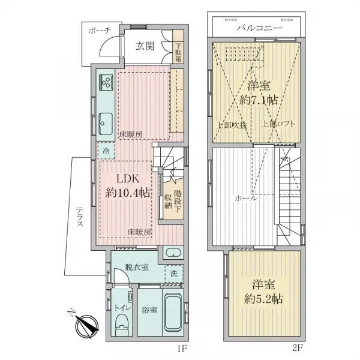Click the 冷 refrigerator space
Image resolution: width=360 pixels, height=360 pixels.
tap(106, 151)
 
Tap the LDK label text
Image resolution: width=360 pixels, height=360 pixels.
tap(128, 179)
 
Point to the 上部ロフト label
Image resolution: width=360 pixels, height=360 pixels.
tap(278, 124)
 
